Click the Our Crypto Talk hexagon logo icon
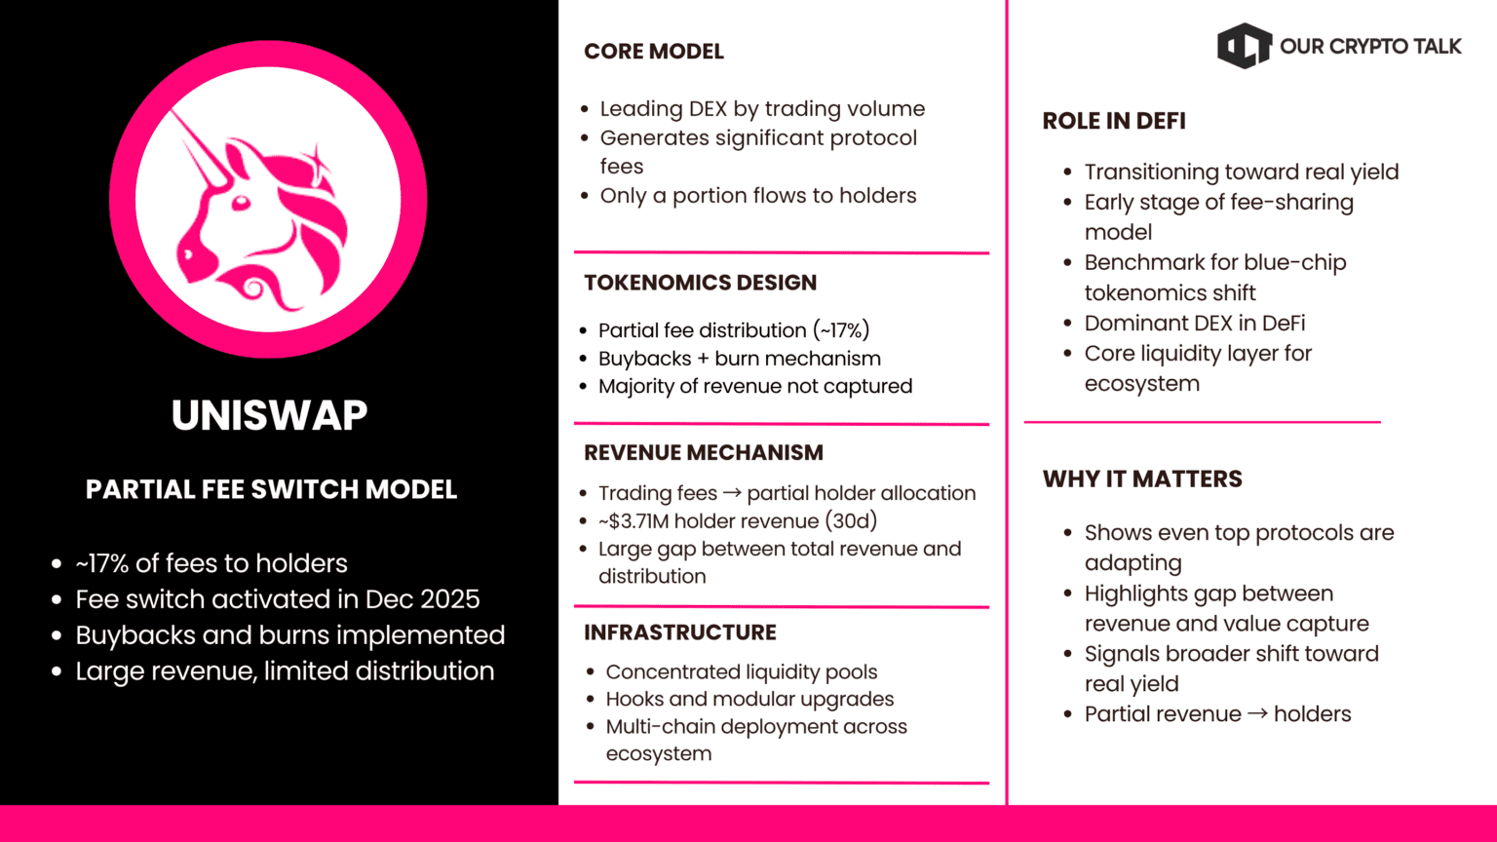tap(1244, 46)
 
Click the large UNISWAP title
tap(269, 416)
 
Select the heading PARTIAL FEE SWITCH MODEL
tap(271, 489)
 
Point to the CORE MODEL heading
tap(653, 52)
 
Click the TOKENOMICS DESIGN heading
tap(700, 284)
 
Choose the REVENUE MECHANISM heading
tap(703, 453)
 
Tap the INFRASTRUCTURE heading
tap(679, 632)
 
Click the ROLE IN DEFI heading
tap(1114, 122)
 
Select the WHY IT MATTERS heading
tap(1142, 479)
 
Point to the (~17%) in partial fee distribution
tap(840, 330)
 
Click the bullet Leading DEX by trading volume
tap(762, 109)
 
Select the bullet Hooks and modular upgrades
tap(748, 700)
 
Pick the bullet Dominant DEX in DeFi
tap(1194, 324)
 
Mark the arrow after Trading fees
tap(732, 494)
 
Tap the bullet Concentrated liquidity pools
tap(741, 672)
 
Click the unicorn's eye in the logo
tap(240, 204)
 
